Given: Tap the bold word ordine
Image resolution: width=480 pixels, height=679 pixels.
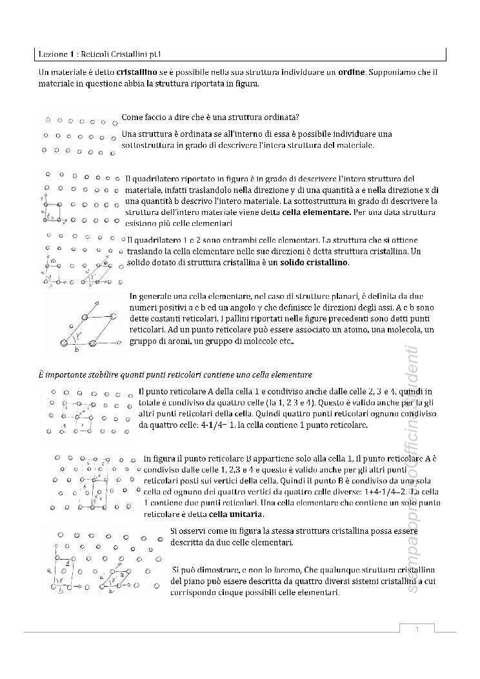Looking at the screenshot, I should point(351,71).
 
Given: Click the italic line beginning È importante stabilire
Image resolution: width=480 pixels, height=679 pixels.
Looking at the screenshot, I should point(174,374).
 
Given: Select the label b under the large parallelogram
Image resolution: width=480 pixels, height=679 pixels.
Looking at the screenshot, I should point(77,349).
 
